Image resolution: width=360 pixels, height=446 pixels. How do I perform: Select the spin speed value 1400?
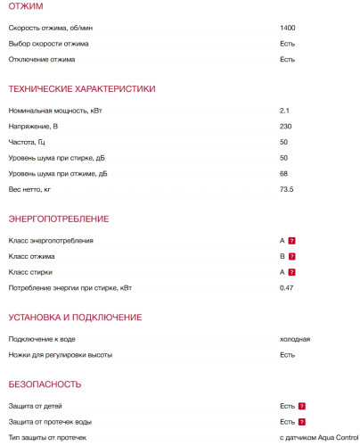(x=287, y=28)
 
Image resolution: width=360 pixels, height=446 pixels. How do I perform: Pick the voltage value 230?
(x=286, y=127)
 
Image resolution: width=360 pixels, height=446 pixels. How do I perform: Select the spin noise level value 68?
(x=284, y=174)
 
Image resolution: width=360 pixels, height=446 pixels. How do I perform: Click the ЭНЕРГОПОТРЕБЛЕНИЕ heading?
(x=59, y=219)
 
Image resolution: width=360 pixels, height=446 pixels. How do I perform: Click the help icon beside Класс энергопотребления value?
(x=291, y=241)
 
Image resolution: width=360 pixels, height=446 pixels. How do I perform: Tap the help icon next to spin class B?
(x=291, y=257)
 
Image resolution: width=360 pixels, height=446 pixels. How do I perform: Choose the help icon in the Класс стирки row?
(x=291, y=272)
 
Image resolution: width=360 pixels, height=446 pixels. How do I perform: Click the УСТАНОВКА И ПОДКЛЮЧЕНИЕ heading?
(x=75, y=317)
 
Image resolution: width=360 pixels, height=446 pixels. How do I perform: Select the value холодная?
(x=295, y=339)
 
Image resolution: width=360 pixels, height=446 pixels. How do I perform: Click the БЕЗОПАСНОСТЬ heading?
(x=45, y=384)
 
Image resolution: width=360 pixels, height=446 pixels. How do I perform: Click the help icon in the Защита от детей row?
(x=302, y=406)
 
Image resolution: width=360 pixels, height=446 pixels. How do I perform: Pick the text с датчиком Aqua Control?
(x=318, y=437)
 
